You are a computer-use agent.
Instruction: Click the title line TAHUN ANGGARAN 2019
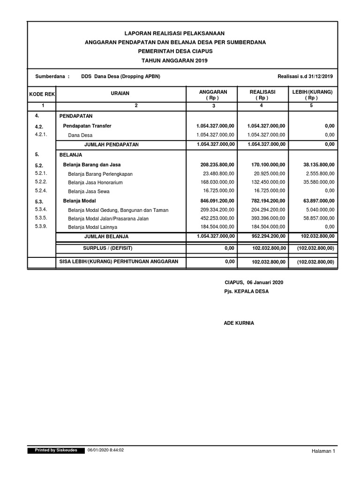[x=174, y=61]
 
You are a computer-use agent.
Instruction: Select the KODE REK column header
[x=42, y=94]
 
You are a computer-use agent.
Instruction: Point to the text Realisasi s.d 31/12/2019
[x=305, y=76]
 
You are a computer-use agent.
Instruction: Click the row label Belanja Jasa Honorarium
[x=95, y=182]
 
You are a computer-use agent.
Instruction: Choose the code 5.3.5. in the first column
[x=41, y=218]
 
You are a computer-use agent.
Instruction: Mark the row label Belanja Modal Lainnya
[x=92, y=227]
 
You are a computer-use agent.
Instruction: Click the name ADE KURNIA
[x=239, y=323]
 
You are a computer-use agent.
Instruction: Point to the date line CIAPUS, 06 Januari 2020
[x=254, y=283]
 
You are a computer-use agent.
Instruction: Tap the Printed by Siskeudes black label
[x=56, y=450]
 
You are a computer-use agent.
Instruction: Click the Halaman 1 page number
[x=323, y=451]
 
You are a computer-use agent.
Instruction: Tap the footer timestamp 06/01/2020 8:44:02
[x=105, y=450]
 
